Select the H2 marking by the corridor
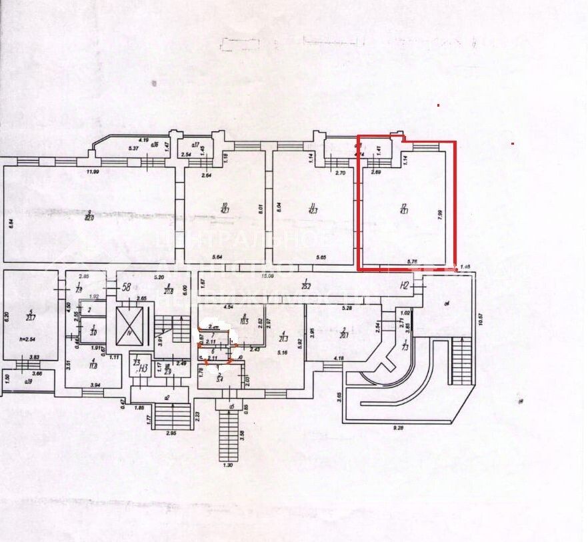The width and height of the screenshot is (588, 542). [403, 285]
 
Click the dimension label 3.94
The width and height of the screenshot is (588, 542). [95, 385]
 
